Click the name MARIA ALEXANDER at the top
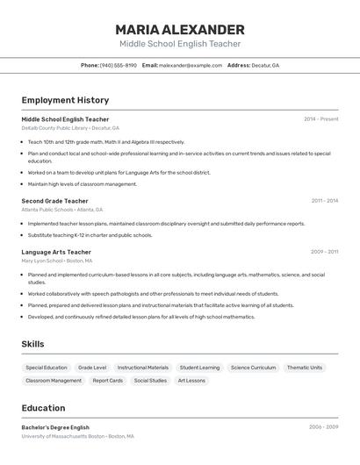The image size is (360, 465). pyautogui.click(x=180, y=29)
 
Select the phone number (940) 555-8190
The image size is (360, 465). pyautogui.click(x=119, y=65)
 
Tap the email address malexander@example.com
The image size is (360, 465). pyautogui.click(x=191, y=65)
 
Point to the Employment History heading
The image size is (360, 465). pyautogui.click(x=65, y=100)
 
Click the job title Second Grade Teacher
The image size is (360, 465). pyautogui.click(x=54, y=201)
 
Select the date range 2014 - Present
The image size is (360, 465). pyautogui.click(x=320, y=119)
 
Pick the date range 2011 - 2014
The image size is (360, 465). pyautogui.click(x=324, y=201)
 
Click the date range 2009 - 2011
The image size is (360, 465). pyautogui.click(x=324, y=252)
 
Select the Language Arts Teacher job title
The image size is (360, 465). pyautogui.click(x=56, y=252)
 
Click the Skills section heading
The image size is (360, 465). pyautogui.click(x=32, y=344)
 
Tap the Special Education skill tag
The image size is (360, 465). pyautogui.click(x=47, y=368)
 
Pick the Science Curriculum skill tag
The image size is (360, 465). pyautogui.click(x=253, y=368)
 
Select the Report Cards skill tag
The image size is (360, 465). pyautogui.click(x=108, y=381)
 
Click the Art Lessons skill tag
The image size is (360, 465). pyautogui.click(x=191, y=381)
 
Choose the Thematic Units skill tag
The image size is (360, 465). pyautogui.click(x=305, y=368)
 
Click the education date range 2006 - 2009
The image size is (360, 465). pyautogui.click(x=323, y=427)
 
